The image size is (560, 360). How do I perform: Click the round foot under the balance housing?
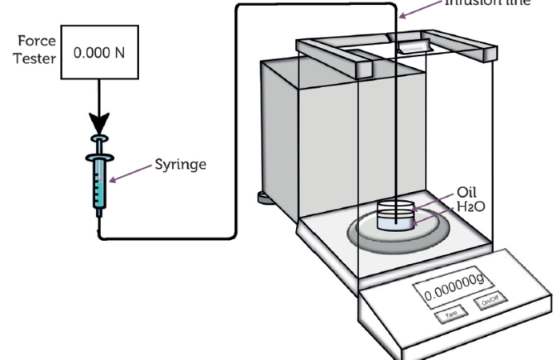tap(263, 197)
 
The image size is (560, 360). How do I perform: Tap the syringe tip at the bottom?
tap(98, 225)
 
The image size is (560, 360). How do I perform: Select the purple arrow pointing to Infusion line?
tap(420, 10)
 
